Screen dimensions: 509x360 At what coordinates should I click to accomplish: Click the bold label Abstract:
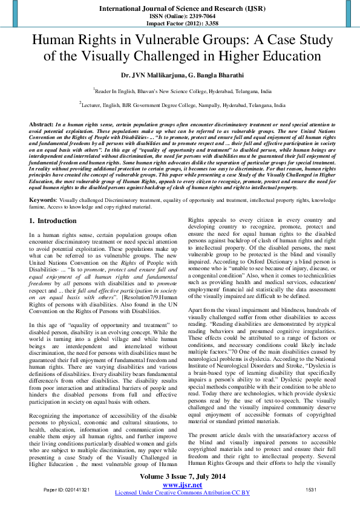tap(41, 123)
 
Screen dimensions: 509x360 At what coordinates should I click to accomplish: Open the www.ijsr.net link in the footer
tap(182, 485)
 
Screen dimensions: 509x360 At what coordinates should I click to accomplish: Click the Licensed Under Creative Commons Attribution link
tap(182, 493)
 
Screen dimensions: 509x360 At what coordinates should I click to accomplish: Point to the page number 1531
tap(311, 489)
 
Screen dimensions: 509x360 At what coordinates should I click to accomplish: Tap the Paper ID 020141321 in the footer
tap(67, 489)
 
